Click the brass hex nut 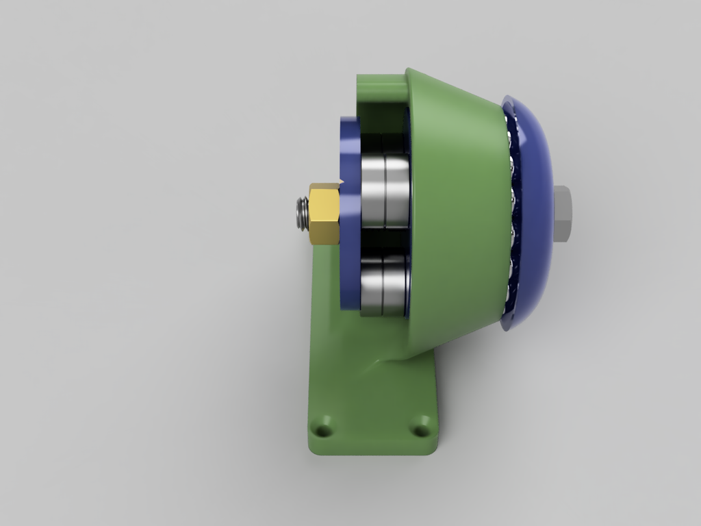pos(324,214)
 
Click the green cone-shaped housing pos(459,205)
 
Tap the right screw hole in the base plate pos(420,430)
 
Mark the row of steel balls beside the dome pos(510,212)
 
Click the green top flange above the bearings pos(380,86)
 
